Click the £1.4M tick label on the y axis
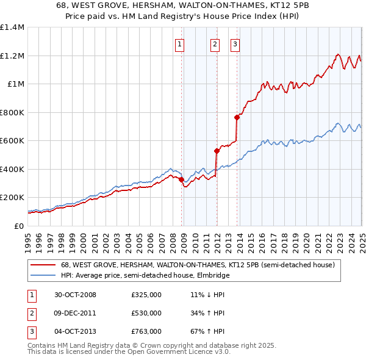[12, 27]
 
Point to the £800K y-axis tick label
[12, 112]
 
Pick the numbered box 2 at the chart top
[215, 43]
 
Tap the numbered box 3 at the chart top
[235, 43]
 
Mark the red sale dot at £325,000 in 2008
[181, 179]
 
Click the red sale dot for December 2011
[216, 151]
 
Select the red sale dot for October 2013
[237, 118]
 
